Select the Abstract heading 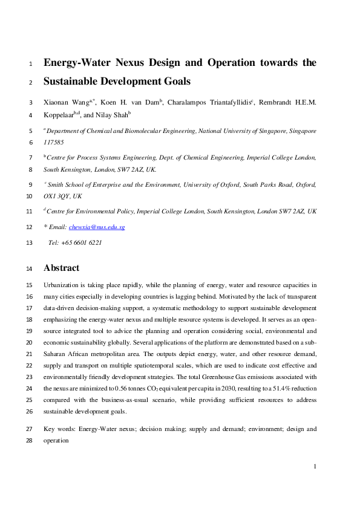coord(61,268)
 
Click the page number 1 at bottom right coord(315,466)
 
